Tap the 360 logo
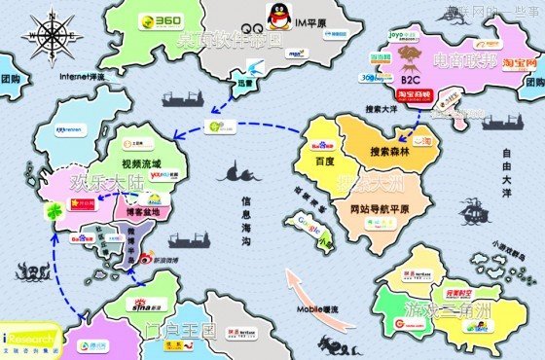pos(158,22)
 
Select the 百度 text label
pos(324,161)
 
